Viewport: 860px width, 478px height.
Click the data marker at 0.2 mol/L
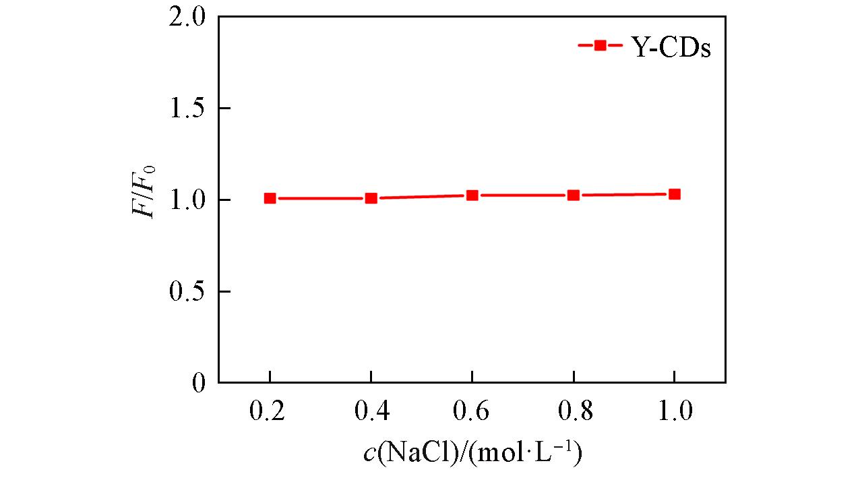[270, 198]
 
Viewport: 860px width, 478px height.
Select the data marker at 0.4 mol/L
[371, 198]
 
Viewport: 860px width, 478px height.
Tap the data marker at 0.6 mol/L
[472, 196]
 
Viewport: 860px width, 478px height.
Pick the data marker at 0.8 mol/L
[573, 196]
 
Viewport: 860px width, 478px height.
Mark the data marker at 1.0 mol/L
[674, 194]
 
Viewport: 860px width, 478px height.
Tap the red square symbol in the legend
[599, 46]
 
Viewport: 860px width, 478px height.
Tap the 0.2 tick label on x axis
[270, 412]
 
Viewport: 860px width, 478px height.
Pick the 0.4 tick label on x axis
[371, 412]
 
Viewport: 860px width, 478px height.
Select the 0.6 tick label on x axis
[472, 412]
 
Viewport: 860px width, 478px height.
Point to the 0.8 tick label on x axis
[573, 412]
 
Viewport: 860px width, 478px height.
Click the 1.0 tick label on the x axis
[674, 412]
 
